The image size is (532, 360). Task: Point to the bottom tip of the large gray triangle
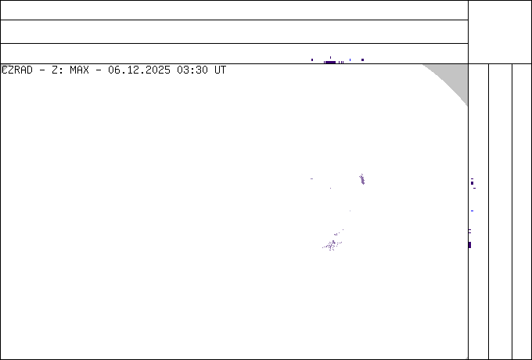(x=467, y=106)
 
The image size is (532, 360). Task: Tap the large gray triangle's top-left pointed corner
(x=423, y=65)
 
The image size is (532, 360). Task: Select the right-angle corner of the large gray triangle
(x=467, y=65)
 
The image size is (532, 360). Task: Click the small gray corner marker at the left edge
(x=4, y=67)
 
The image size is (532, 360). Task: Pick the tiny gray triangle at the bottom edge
(x=466, y=358)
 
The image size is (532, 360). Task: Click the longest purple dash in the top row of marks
(x=331, y=62)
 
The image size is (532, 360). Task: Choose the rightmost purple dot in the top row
(x=362, y=59)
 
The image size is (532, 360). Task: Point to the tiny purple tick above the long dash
(x=331, y=57)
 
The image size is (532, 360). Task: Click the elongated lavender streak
(x=362, y=180)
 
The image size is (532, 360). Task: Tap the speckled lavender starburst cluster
(x=332, y=245)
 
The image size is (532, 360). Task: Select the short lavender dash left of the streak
(x=311, y=178)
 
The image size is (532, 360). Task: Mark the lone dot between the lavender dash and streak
(x=329, y=188)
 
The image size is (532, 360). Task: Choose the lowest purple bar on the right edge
(x=469, y=245)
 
